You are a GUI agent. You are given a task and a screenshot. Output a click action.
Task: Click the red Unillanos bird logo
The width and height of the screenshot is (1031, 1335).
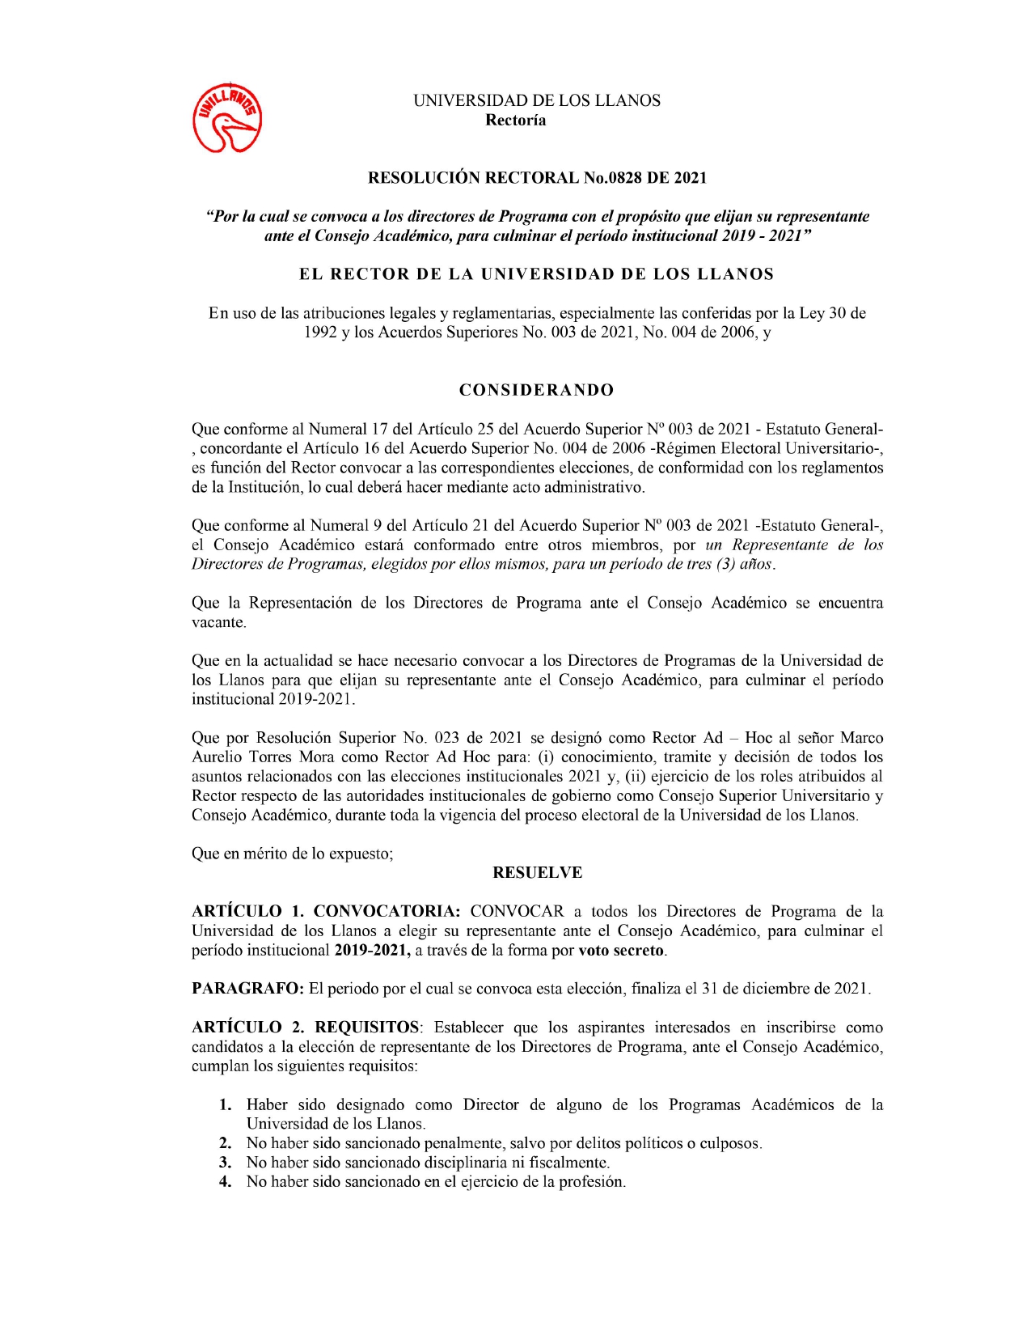pyautogui.click(x=227, y=118)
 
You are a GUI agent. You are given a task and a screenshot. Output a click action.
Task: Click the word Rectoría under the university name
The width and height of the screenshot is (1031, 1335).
pyautogui.click(x=515, y=121)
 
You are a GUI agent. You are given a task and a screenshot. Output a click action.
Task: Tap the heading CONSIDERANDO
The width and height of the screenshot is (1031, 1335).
pyautogui.click(x=536, y=390)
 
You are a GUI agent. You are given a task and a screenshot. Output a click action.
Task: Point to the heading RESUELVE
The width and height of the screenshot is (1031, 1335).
pyautogui.click(x=537, y=873)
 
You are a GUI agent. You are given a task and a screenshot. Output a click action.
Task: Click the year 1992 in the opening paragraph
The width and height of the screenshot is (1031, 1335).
pyautogui.click(x=320, y=333)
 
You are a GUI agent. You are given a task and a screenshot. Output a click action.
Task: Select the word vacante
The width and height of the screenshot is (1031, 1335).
pyautogui.click(x=218, y=623)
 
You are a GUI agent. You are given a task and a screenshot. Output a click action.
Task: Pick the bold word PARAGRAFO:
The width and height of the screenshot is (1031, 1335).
pyautogui.click(x=247, y=989)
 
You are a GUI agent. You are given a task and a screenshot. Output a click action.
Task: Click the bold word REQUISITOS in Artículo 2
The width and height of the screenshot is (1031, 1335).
pyautogui.click(x=367, y=1028)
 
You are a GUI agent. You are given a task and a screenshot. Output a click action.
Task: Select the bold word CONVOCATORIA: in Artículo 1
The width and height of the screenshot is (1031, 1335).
pyautogui.click(x=387, y=912)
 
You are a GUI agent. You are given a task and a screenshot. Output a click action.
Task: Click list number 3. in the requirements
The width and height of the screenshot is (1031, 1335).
pyautogui.click(x=226, y=1163)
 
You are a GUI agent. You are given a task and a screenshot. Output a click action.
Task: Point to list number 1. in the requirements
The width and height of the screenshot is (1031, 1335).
pyautogui.click(x=226, y=1105)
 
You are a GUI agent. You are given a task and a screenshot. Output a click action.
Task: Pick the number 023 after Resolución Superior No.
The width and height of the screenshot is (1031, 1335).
pyautogui.click(x=447, y=738)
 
